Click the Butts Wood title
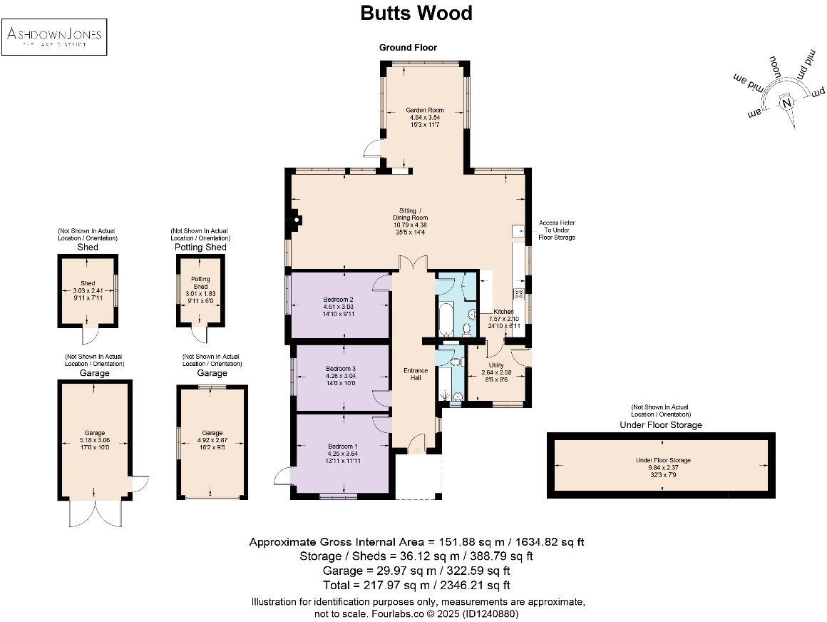[x=416, y=14]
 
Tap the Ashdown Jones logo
[x=54, y=37]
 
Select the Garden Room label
[x=425, y=110]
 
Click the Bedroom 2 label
[x=338, y=300]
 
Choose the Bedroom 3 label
[x=338, y=367]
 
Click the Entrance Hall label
[x=416, y=374]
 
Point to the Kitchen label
[x=504, y=312]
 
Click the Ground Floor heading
[x=408, y=47]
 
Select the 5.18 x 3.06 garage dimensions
[x=96, y=440]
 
